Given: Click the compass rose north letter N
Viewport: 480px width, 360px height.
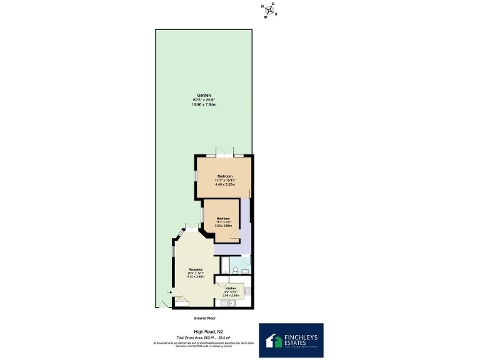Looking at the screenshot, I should [262, 8].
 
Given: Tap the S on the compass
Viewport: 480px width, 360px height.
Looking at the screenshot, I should [276, 14].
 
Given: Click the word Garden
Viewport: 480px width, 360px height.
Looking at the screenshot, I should [203, 96].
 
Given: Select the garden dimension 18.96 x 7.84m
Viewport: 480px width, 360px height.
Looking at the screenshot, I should [203, 104].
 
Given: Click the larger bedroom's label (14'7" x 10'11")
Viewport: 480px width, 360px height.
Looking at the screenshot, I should [224, 180].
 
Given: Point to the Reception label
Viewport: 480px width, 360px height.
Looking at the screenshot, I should [196, 269].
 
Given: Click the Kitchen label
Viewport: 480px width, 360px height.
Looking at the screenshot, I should [231, 289].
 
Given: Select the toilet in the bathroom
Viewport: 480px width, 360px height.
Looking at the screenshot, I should [235, 270].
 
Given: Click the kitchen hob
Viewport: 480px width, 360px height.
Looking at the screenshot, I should [248, 291].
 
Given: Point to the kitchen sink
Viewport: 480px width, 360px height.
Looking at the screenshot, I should [226, 304].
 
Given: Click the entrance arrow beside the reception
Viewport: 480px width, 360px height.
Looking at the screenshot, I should [169, 292].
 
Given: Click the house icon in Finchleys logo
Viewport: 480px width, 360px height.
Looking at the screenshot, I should [274, 340].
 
